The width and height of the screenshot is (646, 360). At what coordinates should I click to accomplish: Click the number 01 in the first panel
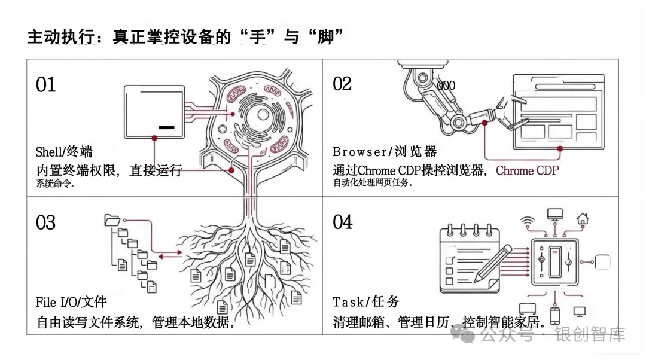click(46, 85)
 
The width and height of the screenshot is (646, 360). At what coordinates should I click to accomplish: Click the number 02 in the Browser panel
click(342, 84)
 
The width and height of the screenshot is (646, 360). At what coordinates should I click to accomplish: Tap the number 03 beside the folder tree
click(46, 223)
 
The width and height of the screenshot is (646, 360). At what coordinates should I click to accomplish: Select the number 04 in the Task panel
click(343, 222)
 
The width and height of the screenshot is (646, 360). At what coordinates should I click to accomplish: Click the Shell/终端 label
click(64, 151)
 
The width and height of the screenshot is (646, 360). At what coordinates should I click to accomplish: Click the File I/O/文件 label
click(71, 303)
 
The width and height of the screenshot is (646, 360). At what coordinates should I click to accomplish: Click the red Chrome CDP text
click(527, 170)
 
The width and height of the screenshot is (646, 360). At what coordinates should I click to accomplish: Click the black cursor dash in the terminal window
click(167, 127)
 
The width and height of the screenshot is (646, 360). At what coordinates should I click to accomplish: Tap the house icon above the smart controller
click(583, 218)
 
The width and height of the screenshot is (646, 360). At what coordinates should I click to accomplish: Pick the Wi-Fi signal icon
click(527, 220)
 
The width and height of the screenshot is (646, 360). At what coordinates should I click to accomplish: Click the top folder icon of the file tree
click(112, 219)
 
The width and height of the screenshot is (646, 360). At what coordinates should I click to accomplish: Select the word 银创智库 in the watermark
click(590, 335)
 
